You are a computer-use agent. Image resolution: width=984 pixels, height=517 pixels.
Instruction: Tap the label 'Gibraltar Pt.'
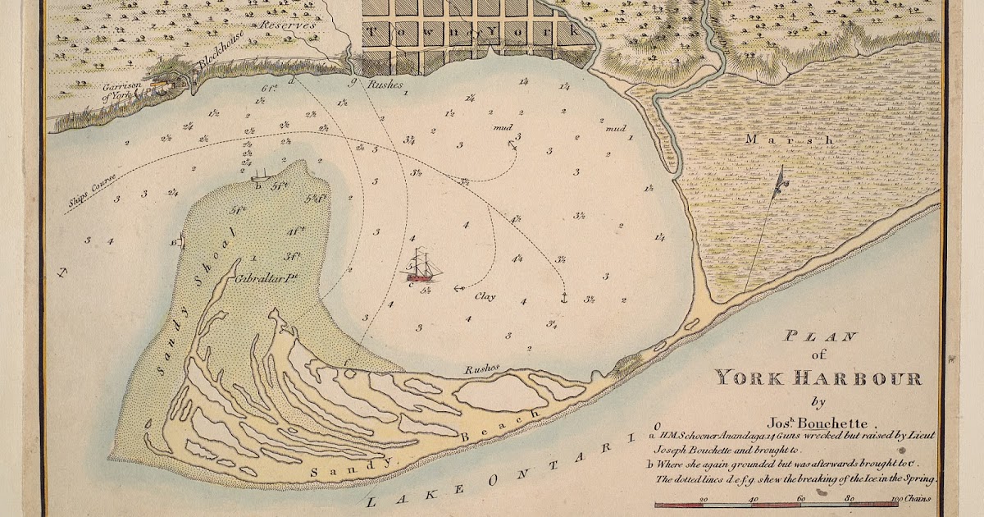(x=264, y=278)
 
